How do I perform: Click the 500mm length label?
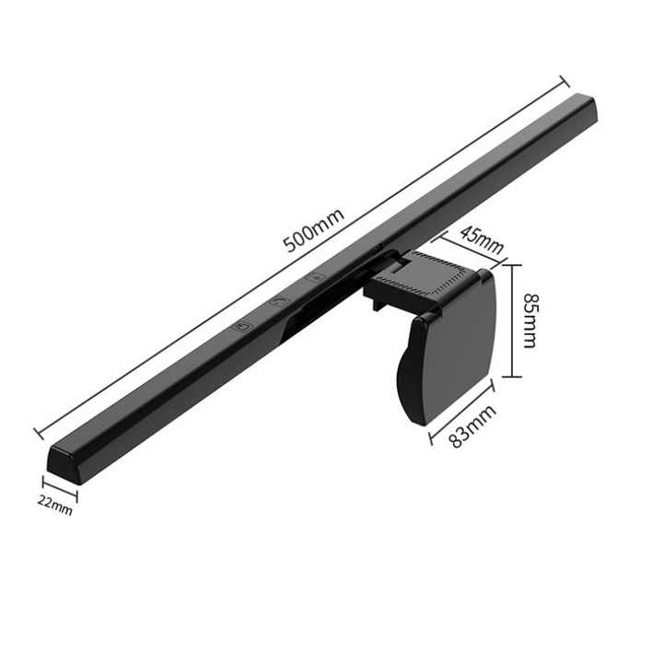point(313,231)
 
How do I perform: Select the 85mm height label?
point(529,320)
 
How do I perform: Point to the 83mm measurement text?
point(472,425)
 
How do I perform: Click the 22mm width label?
point(55,504)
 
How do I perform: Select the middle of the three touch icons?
point(280,300)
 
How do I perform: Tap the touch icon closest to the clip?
point(317,275)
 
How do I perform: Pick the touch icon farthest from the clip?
point(243,325)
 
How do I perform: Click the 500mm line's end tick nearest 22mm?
point(38,431)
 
